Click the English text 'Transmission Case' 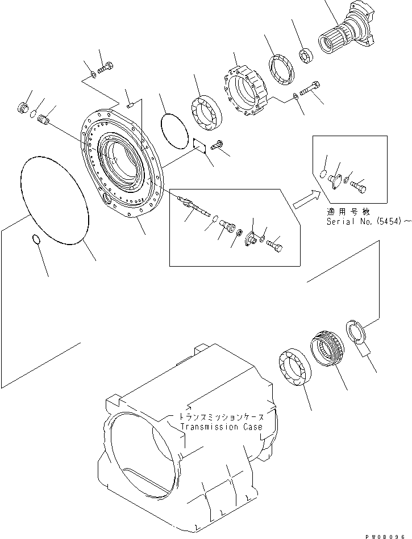[222, 427]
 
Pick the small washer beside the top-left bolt [93, 74]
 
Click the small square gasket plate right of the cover [198, 145]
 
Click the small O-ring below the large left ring [35, 241]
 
